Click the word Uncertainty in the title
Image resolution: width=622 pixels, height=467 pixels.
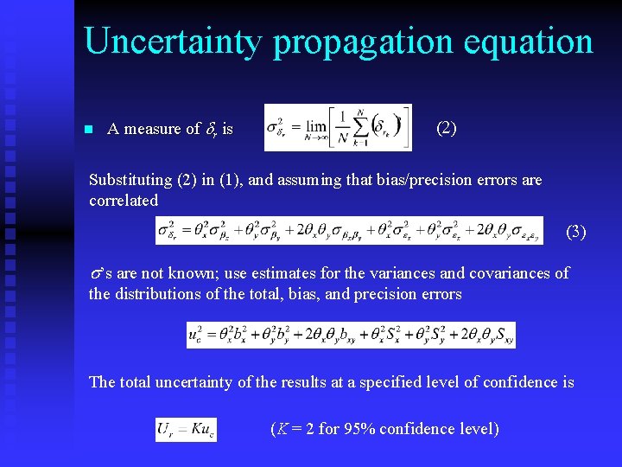click(174, 42)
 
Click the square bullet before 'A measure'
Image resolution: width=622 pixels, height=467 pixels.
click(88, 130)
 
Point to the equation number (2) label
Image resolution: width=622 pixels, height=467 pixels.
click(447, 129)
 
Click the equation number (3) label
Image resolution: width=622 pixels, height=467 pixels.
click(575, 232)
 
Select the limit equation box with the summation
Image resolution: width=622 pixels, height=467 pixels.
click(338, 127)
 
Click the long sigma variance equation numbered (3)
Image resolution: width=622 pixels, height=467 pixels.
click(349, 231)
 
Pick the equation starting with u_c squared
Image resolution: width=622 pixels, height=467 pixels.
click(351, 335)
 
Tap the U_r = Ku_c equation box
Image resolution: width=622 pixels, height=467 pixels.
click(186, 430)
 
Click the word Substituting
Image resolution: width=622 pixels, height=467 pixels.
click(130, 180)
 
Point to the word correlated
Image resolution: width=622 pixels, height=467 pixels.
click(124, 201)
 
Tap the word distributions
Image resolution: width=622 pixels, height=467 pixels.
click(160, 294)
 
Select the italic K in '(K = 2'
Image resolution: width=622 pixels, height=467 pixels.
click(282, 429)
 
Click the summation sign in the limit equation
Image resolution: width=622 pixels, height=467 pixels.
click(360, 125)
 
